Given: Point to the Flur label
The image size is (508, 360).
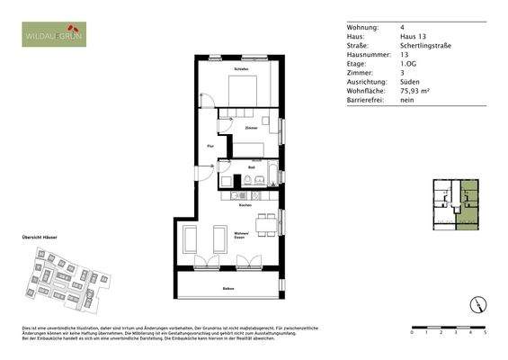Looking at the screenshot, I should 210,144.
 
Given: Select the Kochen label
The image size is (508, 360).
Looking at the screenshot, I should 244,205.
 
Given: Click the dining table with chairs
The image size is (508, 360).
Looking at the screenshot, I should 264,225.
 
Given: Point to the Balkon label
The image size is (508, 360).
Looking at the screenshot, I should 229,288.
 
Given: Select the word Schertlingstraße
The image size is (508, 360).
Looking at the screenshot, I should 426,44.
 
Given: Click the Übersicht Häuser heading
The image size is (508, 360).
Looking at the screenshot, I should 40,237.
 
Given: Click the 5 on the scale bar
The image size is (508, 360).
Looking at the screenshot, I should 486,332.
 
